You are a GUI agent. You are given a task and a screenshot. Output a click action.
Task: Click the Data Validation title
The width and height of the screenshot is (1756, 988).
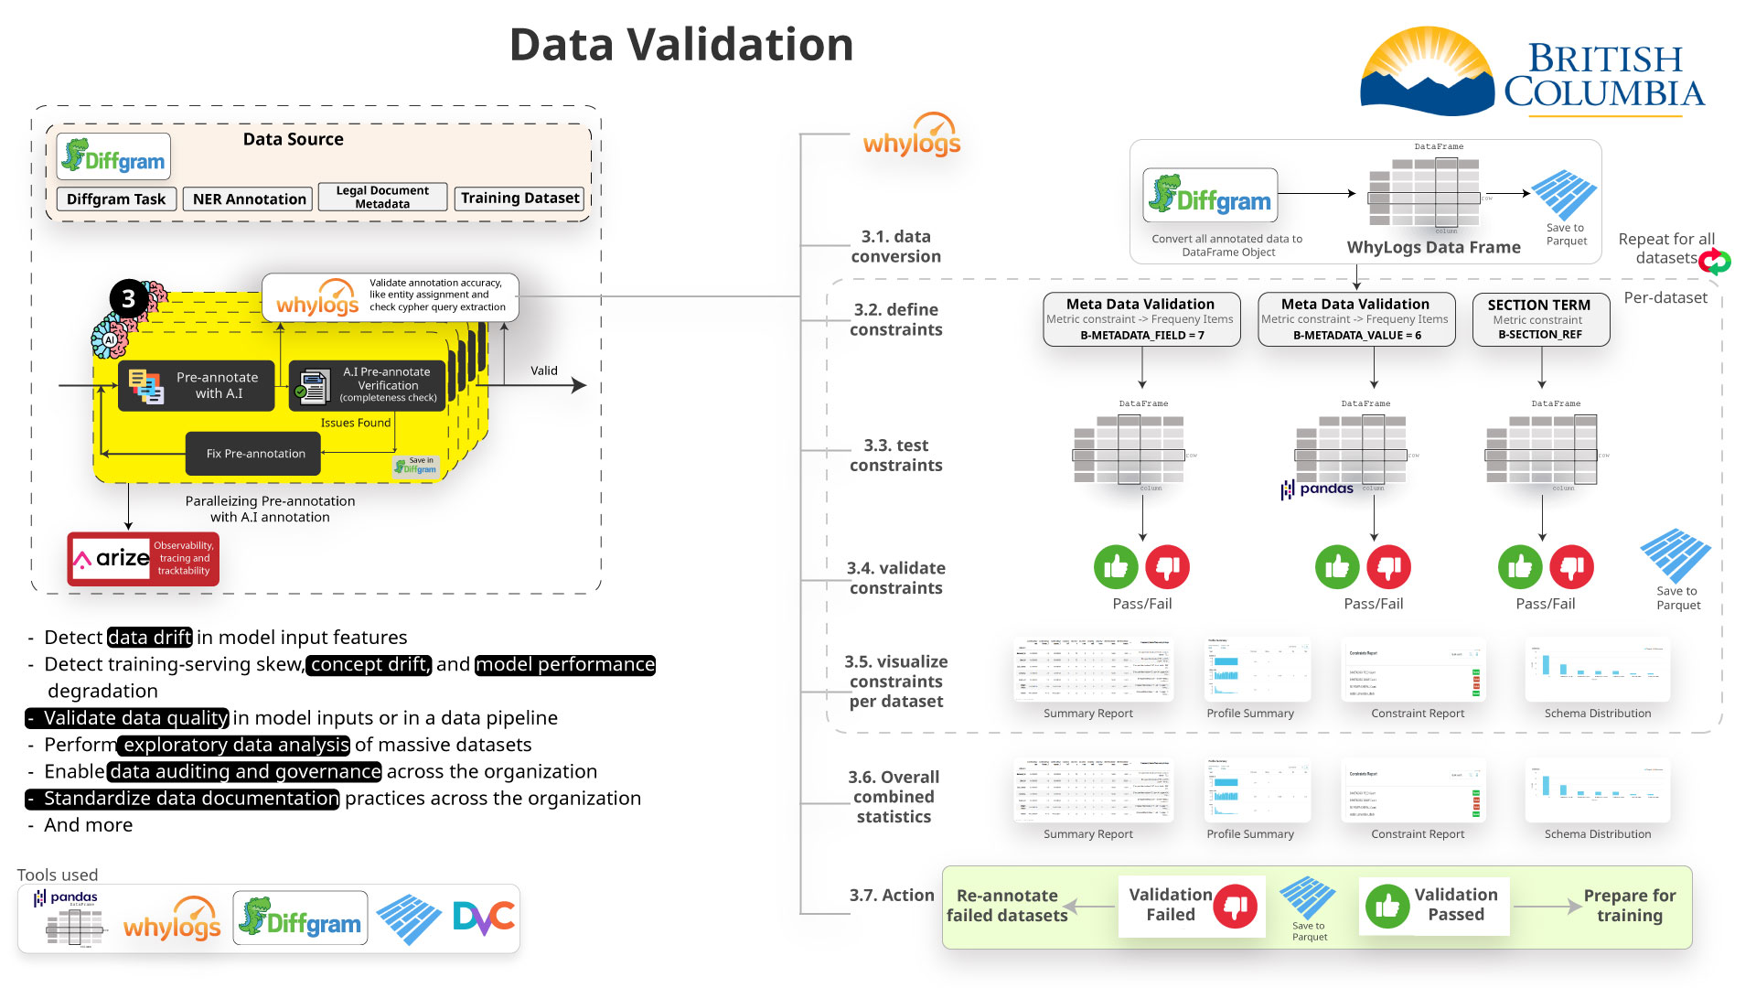coord(681,45)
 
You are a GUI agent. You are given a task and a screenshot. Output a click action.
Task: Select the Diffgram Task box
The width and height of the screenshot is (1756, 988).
coord(115,199)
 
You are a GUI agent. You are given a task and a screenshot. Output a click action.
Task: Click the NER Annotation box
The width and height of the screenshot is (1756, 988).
coord(249,199)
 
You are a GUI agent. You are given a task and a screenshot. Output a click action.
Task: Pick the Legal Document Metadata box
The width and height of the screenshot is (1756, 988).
coord(382,198)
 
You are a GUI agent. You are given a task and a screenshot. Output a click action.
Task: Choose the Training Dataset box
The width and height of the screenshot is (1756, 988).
coord(519,199)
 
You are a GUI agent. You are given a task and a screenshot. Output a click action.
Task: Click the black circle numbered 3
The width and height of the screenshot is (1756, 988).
coord(129,299)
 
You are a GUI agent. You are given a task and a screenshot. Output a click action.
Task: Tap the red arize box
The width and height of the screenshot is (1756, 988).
coord(143,558)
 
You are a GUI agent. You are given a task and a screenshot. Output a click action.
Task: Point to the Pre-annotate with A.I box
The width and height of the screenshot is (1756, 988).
coord(197,385)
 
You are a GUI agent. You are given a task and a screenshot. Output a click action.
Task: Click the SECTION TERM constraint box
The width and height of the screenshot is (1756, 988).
coord(1540,319)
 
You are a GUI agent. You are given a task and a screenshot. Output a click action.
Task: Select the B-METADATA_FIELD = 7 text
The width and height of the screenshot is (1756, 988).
coord(1141,336)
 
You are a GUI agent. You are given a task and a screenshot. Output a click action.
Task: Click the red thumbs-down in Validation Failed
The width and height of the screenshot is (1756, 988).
coord(1235,906)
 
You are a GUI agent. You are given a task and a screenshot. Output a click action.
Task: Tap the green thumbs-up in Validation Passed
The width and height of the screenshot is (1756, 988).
coord(1387,906)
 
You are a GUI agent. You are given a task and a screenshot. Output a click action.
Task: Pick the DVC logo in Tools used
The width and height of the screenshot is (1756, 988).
coord(484,918)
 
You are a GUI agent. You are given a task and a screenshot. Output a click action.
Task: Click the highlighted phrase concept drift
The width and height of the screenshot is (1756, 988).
coord(369,665)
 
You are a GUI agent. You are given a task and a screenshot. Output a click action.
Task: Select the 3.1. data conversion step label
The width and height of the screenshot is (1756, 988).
coord(895,247)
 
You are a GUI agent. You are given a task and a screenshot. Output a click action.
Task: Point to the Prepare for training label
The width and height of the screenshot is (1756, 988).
coord(1629,906)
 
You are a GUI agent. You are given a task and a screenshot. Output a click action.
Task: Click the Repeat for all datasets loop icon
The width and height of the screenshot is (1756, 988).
coord(1715,263)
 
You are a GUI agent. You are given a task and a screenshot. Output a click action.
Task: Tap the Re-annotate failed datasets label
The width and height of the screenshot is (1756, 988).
coord(1006,906)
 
